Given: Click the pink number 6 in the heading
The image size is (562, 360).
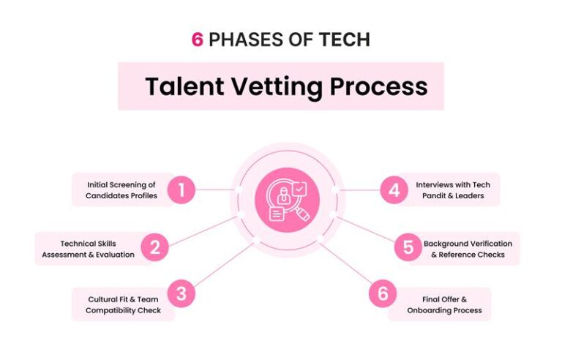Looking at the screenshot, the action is (198, 40).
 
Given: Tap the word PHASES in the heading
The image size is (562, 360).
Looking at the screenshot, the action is (247, 40).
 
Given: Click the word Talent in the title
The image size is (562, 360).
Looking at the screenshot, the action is (184, 86).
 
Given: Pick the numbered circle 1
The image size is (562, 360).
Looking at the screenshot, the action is (181, 190).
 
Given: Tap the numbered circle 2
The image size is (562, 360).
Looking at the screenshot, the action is (155, 247).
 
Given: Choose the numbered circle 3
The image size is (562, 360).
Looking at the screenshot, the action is (181, 293).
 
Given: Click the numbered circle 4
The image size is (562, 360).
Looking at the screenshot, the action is (394, 190).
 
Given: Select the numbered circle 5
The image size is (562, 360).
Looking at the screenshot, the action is (408, 247).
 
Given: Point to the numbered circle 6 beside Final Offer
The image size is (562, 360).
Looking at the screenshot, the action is (383, 293).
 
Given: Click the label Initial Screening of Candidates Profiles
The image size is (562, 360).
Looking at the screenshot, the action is (121, 190).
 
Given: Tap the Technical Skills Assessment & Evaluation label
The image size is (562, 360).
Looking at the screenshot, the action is (88, 249).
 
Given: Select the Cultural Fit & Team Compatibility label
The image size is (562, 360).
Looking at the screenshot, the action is (123, 305).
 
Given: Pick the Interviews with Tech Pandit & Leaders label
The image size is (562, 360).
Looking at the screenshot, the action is (453, 190).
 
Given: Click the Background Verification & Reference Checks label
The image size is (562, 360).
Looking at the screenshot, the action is (468, 249).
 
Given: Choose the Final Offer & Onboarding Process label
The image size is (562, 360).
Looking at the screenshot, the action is (444, 305).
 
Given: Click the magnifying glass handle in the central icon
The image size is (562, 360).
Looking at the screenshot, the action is (303, 214).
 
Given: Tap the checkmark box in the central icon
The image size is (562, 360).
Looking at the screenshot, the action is (299, 189).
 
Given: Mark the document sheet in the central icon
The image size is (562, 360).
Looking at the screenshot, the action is (277, 214).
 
